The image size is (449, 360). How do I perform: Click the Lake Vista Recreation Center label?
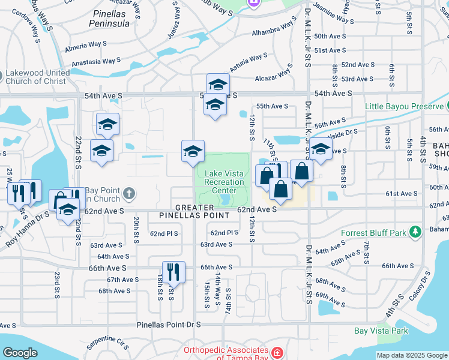(224, 182)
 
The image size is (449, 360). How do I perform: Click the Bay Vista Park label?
(381, 331)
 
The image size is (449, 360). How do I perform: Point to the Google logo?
(20, 353)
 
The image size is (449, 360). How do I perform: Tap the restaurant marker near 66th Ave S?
(173, 272)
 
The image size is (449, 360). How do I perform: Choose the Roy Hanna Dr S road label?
(27, 226)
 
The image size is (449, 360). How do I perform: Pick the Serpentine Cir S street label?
(108, 343)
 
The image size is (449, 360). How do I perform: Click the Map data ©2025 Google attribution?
(412, 355)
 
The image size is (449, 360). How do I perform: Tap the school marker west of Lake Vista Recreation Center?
(193, 151)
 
